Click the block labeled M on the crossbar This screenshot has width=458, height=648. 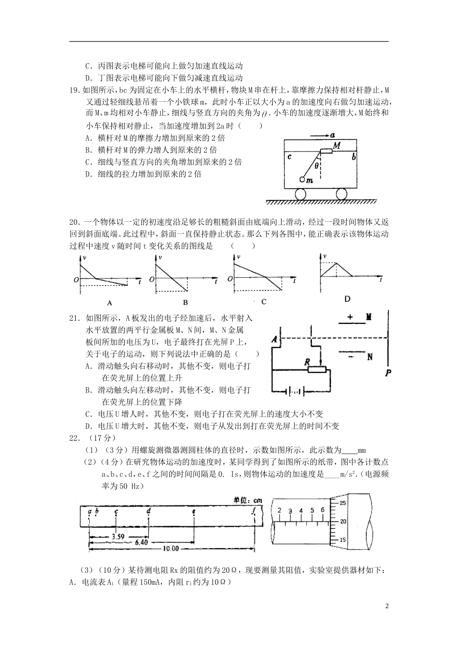point(327,151)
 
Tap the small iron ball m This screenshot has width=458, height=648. point(302,179)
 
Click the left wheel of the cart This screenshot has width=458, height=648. point(299,194)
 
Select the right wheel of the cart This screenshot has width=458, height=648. point(341,194)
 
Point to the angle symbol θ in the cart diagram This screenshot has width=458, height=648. point(316,165)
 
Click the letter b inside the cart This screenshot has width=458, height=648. point(354,157)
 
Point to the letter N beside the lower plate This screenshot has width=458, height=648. point(370,357)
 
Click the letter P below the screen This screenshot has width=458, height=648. point(388,372)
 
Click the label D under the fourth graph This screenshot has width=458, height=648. point(347,299)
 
